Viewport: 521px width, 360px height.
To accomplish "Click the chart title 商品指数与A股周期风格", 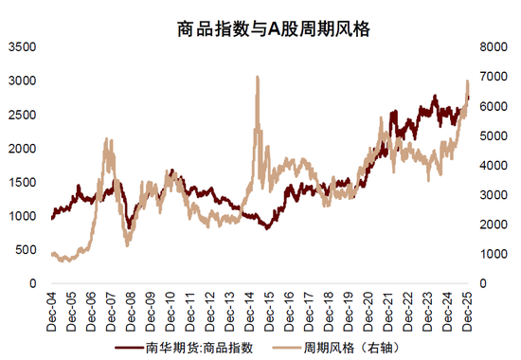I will tap(260, 29).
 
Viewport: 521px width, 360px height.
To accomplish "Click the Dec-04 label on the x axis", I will tap(52, 308).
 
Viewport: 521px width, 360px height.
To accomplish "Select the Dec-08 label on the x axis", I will tap(131, 308).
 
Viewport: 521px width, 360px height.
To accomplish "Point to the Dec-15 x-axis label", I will tap(269, 308).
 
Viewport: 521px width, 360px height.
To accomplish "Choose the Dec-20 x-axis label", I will tap(368, 308).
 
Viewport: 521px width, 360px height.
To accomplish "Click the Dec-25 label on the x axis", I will tap(467, 308).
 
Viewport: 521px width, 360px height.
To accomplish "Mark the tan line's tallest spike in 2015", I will tap(258, 78).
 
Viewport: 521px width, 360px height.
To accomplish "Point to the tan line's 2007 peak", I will tap(107, 140).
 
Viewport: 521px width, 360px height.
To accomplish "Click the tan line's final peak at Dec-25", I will tap(467, 81).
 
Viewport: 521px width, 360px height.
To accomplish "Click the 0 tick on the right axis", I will tap(484, 283).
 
